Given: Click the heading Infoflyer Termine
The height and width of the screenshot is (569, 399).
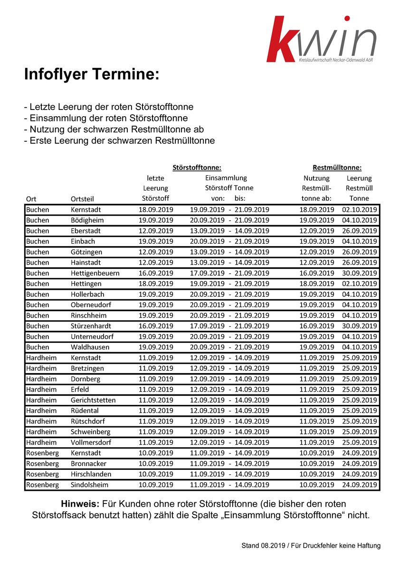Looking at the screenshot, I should point(92,74).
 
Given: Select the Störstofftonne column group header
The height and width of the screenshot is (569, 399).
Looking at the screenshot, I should point(197,167).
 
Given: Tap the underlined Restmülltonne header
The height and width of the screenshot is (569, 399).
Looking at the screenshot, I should point(337,167).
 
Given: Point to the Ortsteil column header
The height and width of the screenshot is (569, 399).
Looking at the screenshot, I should point(83,199).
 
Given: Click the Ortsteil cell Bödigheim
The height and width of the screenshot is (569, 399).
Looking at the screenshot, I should point(87,220).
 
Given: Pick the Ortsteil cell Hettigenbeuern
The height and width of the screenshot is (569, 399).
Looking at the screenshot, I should point(95,273).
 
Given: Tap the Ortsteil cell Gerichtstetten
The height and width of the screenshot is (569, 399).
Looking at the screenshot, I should point(93,400).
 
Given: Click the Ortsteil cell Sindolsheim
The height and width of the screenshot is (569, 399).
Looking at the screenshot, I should point(89,485).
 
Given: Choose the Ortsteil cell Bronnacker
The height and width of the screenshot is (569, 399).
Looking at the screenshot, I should point(88,463).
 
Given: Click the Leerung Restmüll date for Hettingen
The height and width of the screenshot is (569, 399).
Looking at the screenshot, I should point(359,284).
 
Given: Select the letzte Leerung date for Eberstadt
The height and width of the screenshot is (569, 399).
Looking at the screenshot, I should point(156,230).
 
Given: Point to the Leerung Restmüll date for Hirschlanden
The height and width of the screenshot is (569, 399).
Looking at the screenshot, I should point(359,474).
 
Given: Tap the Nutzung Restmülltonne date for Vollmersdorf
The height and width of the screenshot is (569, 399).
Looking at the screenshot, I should point(317,442).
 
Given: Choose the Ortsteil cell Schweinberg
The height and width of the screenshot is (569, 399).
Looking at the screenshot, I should point(90,431).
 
